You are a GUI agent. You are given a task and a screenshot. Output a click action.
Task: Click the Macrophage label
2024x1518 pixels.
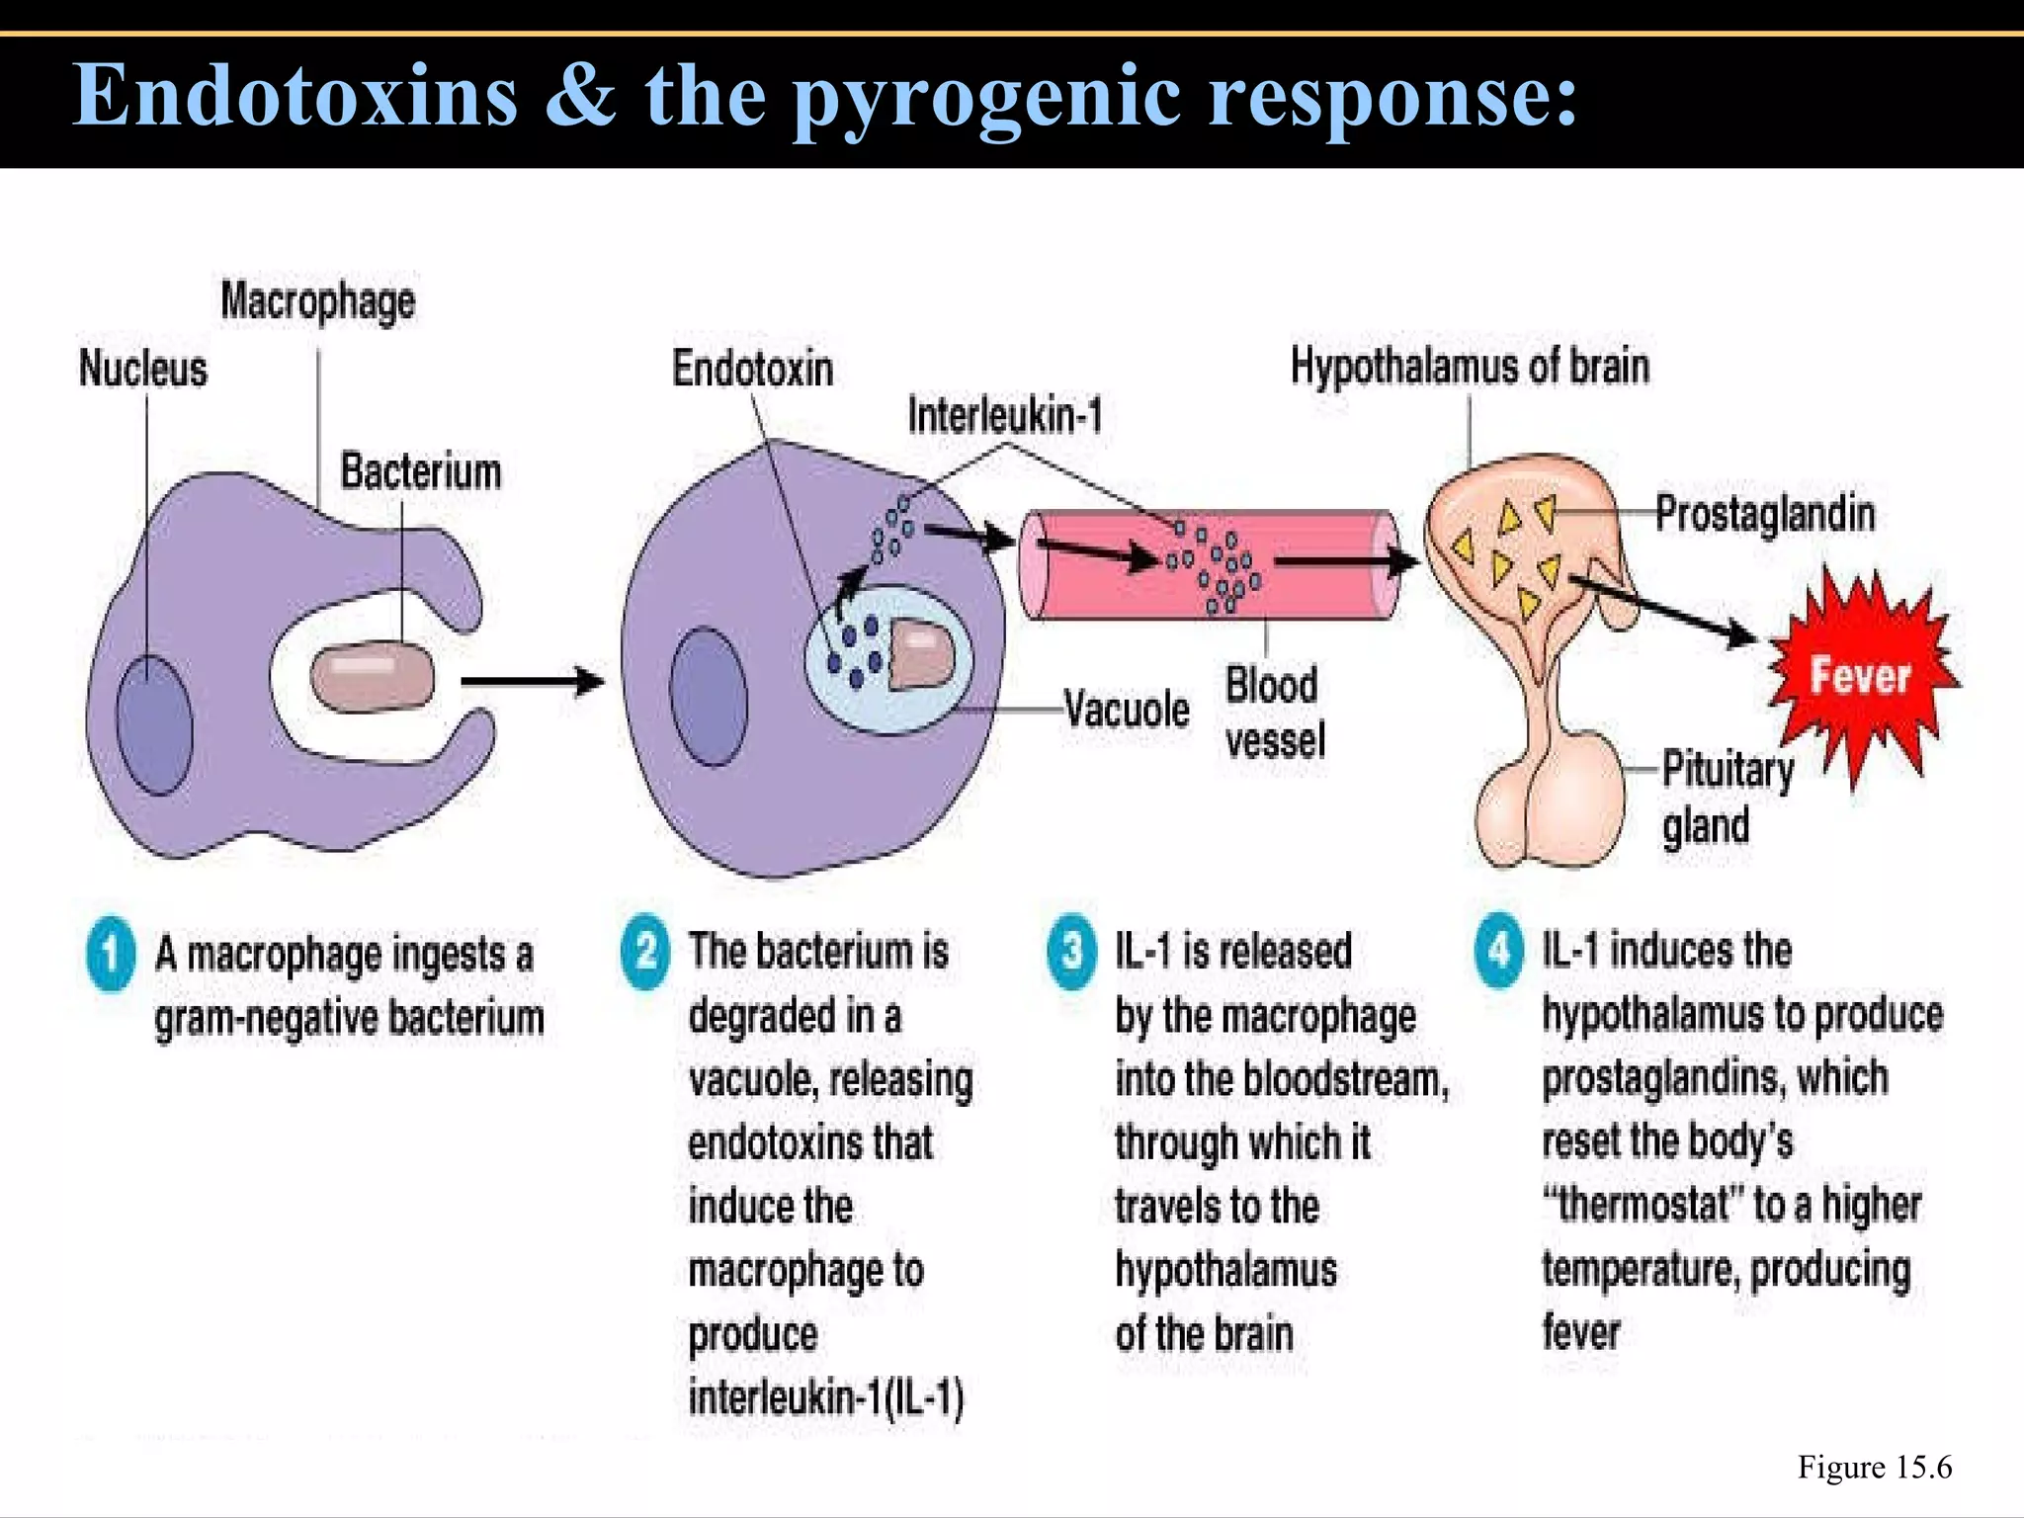317,301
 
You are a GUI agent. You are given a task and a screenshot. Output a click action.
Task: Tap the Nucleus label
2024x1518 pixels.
143,369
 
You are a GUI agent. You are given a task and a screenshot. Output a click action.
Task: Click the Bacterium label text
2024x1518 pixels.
421,471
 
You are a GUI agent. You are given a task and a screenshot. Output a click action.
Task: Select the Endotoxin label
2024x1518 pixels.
752,369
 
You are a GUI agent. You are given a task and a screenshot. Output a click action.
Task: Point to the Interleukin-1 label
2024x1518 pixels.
1004,415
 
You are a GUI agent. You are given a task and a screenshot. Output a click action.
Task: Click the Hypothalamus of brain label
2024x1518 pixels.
1470,366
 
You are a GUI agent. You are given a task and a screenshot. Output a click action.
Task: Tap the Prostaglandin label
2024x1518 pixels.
1765,514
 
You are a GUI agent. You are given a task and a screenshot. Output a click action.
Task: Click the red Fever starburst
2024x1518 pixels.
1858,677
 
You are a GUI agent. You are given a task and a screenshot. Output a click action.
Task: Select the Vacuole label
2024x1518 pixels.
1127,710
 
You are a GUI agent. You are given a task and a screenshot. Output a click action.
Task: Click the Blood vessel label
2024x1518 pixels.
1274,713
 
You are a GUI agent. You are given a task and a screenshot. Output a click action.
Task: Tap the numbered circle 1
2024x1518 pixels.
111,954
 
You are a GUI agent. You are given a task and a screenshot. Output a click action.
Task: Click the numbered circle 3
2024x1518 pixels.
1071,951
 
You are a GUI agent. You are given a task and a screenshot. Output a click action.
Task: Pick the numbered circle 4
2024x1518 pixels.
1499,951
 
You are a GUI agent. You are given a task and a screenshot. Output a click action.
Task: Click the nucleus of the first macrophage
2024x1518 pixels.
153,724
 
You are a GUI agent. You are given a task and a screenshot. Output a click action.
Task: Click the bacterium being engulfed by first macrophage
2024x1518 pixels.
372,678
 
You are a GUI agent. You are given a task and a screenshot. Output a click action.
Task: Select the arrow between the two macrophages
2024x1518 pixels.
532,681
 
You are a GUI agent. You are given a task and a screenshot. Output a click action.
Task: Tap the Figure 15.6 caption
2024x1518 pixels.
1874,1467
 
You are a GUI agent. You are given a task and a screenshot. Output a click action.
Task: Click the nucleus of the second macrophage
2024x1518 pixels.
709,696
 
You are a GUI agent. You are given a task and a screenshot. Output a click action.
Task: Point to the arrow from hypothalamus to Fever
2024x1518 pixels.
1660,611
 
